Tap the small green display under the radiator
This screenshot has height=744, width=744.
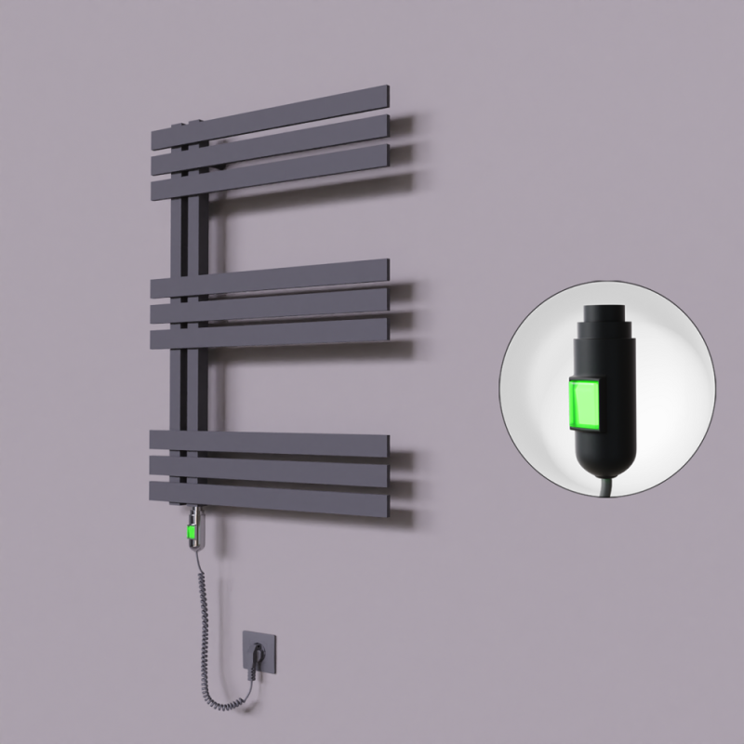192,533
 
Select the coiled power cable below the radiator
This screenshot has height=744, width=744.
206,614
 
